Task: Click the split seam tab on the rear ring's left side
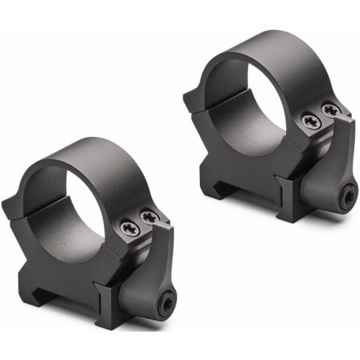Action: point(192,100)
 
